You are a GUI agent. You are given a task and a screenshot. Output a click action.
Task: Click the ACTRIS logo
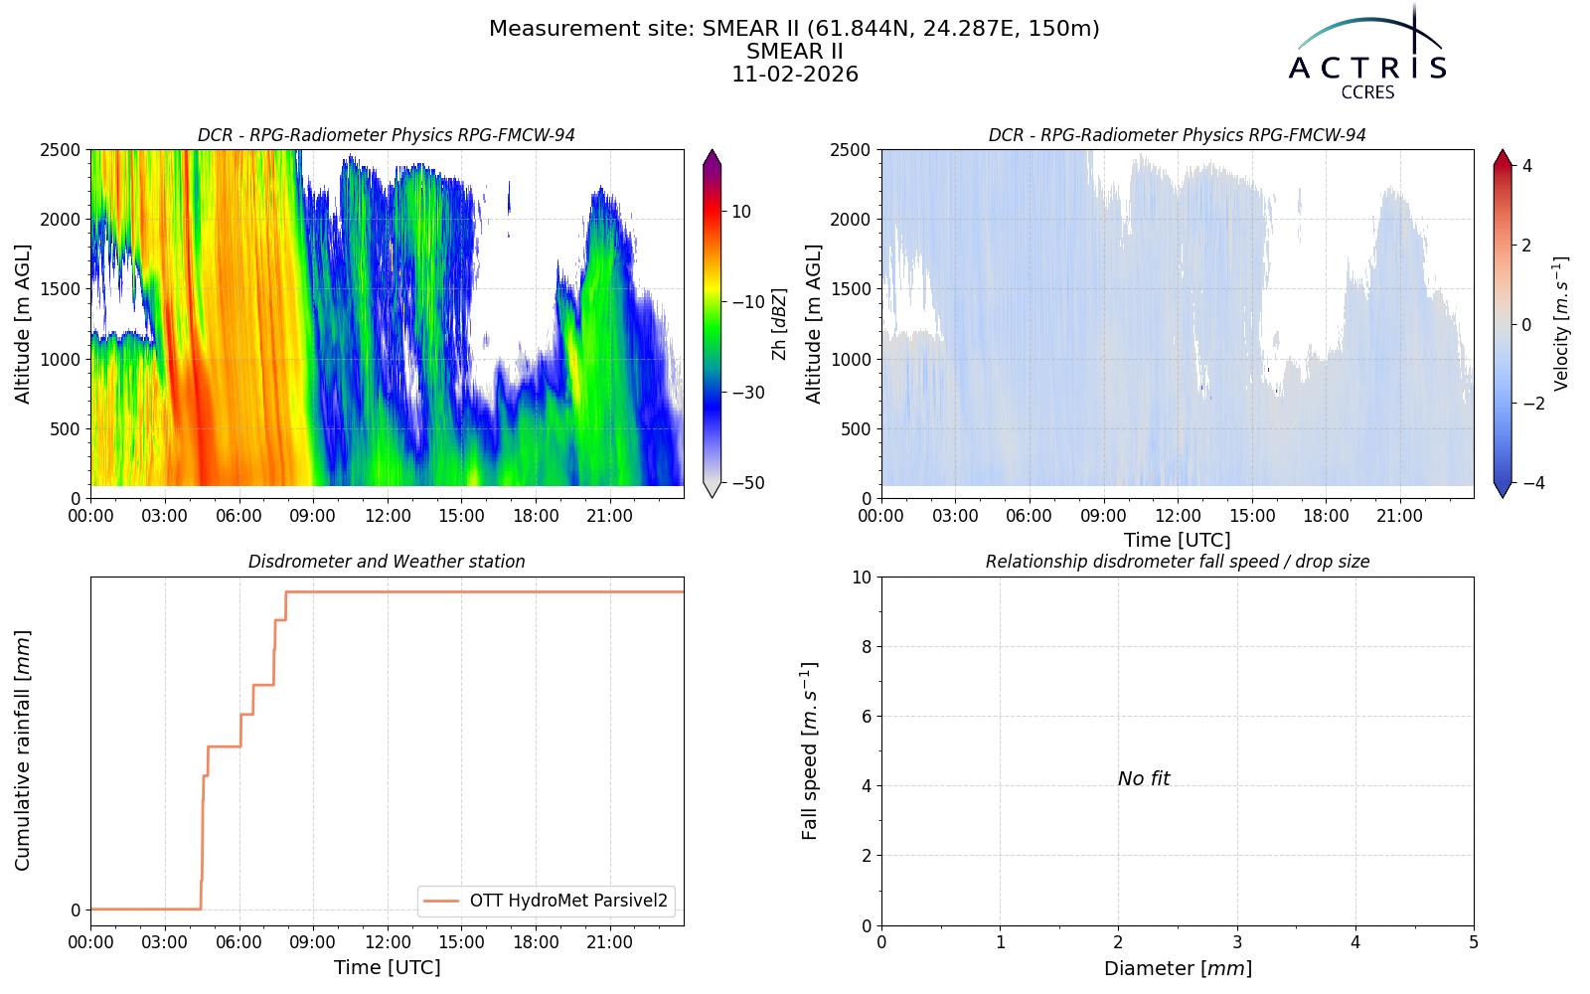point(1367,54)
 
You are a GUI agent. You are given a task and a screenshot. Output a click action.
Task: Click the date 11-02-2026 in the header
point(795,75)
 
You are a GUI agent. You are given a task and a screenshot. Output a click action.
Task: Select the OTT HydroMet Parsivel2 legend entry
point(546,901)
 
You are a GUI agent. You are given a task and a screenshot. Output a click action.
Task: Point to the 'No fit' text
point(1144,779)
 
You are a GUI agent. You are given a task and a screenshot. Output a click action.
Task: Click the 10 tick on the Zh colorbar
point(741,212)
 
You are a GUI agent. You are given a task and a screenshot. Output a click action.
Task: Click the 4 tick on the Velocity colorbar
point(1526,166)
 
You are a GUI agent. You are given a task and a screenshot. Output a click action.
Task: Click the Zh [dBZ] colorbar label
point(779,324)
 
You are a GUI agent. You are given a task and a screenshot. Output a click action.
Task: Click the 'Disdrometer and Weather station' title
point(387,562)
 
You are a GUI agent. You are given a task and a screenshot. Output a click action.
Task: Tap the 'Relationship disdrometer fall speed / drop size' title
point(1178,562)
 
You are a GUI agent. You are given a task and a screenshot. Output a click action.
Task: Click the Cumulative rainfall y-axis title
point(23,750)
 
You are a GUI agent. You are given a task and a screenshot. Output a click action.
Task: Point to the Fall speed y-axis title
point(809,750)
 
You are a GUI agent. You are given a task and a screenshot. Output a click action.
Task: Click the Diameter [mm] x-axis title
point(1178,968)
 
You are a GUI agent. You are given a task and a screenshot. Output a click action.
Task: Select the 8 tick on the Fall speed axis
point(866,647)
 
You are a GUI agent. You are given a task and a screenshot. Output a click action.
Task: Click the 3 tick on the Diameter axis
point(1237,943)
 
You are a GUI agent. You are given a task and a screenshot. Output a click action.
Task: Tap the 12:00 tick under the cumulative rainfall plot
point(388,943)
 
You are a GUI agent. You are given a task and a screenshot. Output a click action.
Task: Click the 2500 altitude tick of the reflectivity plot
point(61,150)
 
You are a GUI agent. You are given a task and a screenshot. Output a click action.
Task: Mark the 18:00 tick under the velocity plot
point(1326,516)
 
